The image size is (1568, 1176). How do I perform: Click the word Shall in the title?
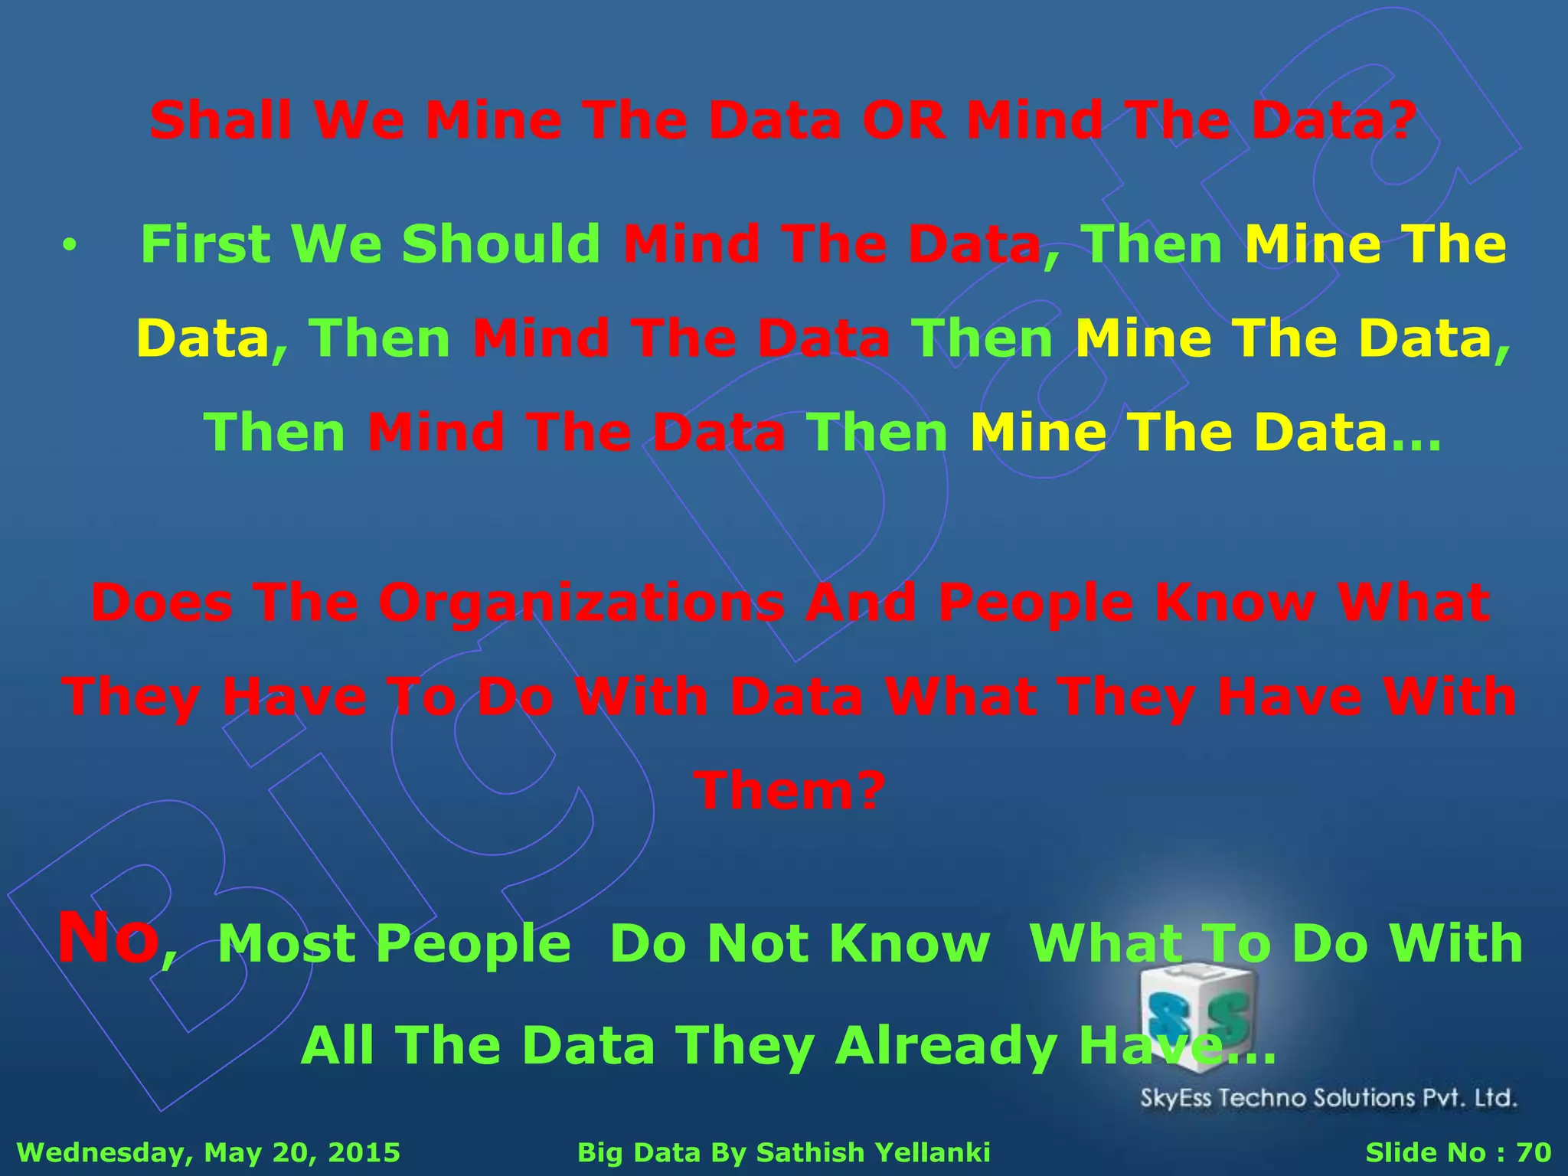(x=220, y=120)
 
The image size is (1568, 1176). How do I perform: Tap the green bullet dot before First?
(x=70, y=246)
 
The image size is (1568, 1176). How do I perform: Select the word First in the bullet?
(x=205, y=244)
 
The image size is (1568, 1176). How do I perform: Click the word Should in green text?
(x=501, y=244)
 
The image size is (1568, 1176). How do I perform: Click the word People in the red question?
(x=1035, y=603)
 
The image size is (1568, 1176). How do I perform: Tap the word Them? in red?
(x=789, y=790)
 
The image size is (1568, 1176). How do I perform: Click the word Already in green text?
(x=946, y=1046)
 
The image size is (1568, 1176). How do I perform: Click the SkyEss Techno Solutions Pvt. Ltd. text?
(x=1328, y=1098)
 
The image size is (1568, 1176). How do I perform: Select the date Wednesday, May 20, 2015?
(x=208, y=1151)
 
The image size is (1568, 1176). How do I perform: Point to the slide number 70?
(x=1534, y=1151)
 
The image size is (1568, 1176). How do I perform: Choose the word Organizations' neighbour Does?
(x=162, y=603)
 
